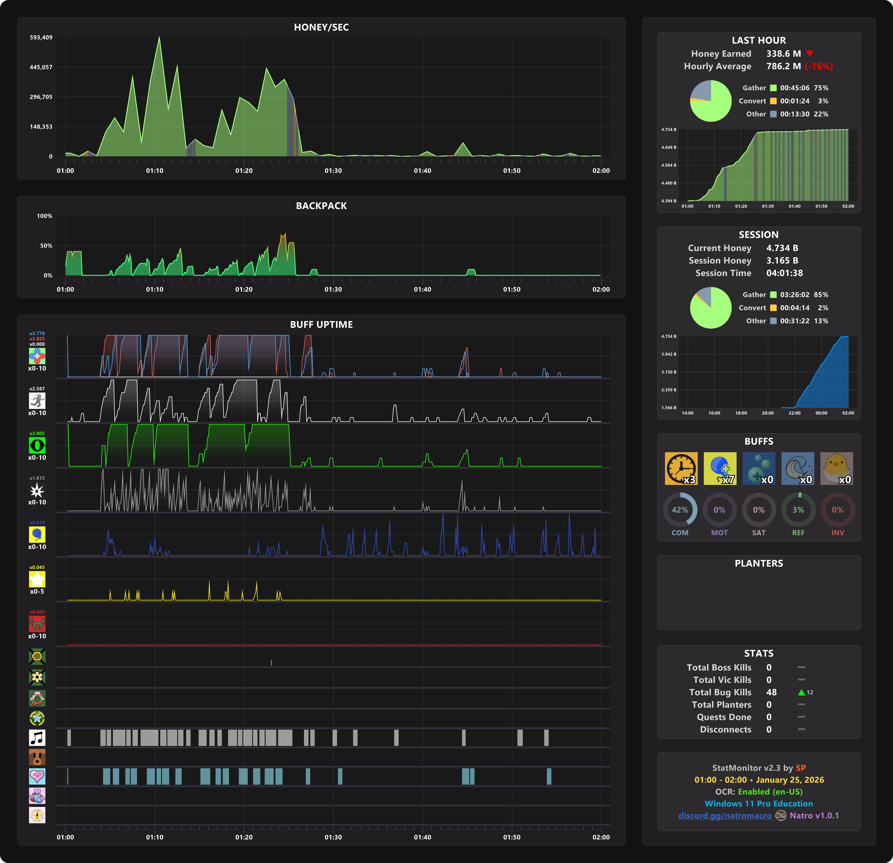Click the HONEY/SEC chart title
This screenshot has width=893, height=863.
pyautogui.click(x=321, y=27)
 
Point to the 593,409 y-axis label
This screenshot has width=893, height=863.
pyautogui.click(x=41, y=37)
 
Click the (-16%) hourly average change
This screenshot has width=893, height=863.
pyautogui.click(x=819, y=67)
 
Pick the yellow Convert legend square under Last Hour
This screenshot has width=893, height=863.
pyautogui.click(x=773, y=101)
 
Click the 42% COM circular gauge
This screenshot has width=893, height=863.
pyautogui.click(x=680, y=510)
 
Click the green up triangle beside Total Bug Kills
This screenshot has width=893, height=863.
pyautogui.click(x=801, y=692)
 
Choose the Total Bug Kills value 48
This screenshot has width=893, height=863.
pyautogui.click(x=771, y=692)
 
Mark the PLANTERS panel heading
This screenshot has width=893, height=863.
pyautogui.click(x=759, y=563)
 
